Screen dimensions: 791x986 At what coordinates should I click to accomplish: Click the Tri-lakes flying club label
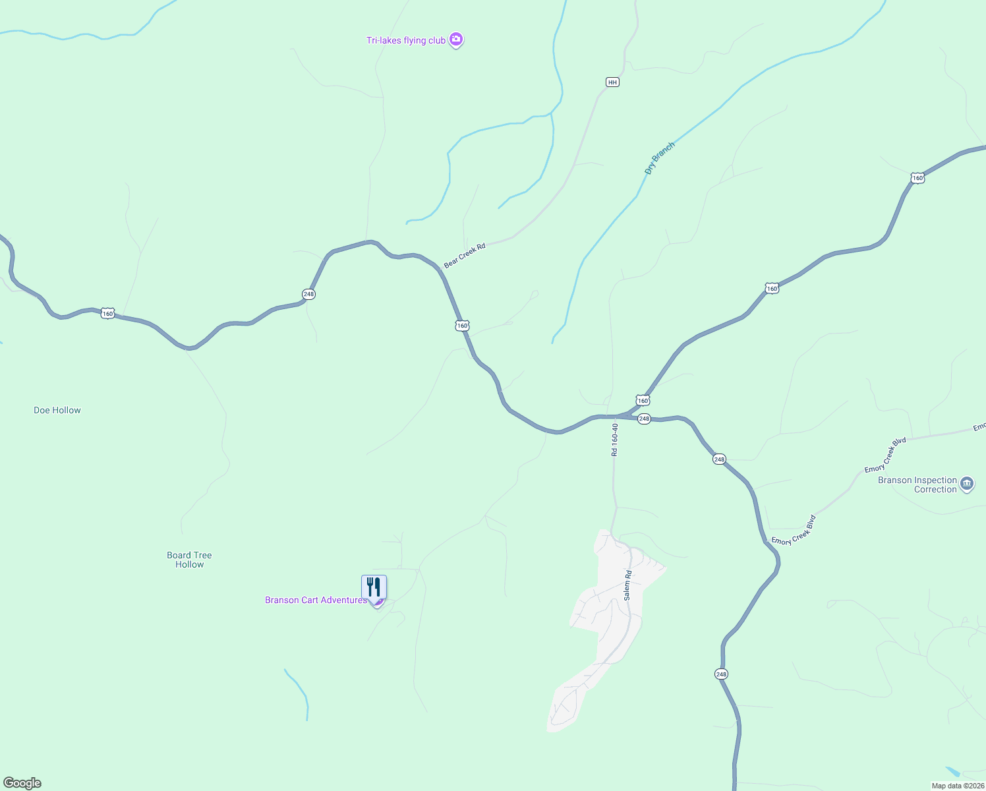(x=405, y=41)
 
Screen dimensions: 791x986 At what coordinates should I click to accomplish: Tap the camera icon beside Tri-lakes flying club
(x=455, y=40)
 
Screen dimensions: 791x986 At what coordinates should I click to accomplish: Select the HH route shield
(x=612, y=82)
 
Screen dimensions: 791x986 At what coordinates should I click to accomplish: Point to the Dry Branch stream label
(x=659, y=158)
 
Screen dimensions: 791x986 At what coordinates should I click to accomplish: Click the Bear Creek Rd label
(x=465, y=255)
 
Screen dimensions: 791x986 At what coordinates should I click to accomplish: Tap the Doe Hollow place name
(x=57, y=410)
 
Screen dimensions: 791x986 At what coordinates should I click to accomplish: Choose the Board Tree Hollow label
(x=189, y=560)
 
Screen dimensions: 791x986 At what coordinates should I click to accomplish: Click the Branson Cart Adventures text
(x=316, y=601)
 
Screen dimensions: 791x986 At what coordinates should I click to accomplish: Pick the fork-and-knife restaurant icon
(x=374, y=586)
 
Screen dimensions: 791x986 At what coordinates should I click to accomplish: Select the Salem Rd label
(x=627, y=585)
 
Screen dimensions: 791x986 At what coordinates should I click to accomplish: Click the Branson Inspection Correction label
(x=917, y=484)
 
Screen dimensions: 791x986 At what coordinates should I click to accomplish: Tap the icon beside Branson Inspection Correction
(x=967, y=484)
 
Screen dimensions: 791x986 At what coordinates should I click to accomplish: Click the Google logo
(x=22, y=783)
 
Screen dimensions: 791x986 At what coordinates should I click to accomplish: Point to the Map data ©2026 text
(x=957, y=786)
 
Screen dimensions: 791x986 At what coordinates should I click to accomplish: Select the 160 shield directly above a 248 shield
(x=643, y=400)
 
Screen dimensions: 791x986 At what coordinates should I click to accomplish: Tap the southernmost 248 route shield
(x=721, y=674)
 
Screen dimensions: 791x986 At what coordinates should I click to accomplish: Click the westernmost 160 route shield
(x=108, y=314)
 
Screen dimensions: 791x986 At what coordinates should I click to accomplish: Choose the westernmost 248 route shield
(x=308, y=294)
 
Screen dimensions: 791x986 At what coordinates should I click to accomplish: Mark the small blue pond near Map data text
(x=953, y=772)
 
